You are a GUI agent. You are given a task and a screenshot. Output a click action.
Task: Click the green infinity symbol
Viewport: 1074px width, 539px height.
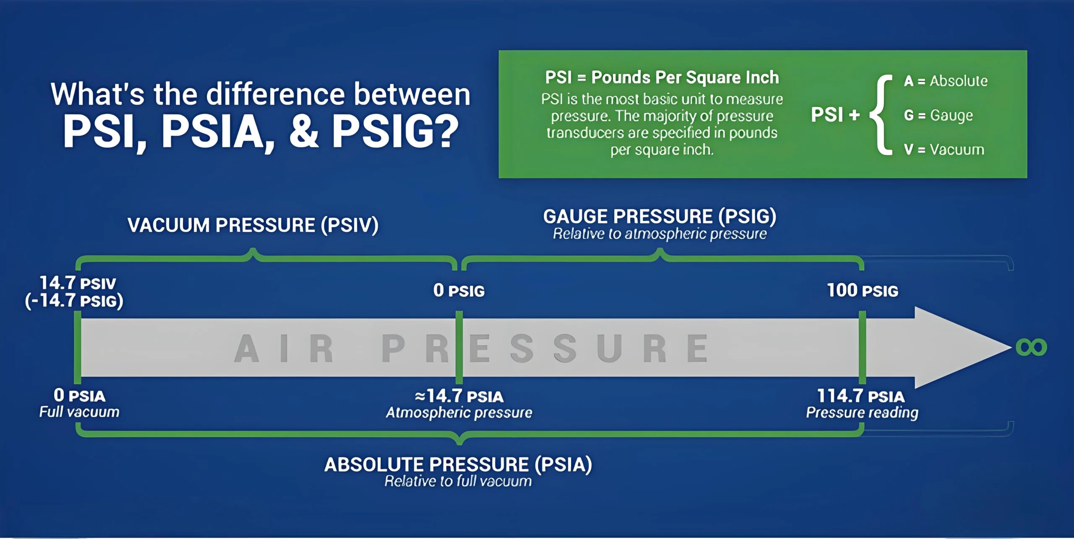tap(1031, 347)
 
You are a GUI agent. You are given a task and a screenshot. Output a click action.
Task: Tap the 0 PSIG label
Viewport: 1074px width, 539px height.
tap(459, 290)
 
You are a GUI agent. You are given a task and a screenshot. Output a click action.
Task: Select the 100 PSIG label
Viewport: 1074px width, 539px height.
tap(863, 290)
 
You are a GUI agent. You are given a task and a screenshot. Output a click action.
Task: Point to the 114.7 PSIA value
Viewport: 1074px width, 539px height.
tap(861, 396)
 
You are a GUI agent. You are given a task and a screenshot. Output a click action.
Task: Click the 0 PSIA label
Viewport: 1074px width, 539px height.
tap(79, 395)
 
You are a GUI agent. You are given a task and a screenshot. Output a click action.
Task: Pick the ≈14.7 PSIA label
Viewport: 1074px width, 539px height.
tap(459, 396)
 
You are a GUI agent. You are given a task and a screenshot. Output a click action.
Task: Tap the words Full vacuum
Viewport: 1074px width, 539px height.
tap(79, 412)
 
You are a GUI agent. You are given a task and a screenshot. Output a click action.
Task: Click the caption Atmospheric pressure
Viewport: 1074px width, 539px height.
tap(459, 413)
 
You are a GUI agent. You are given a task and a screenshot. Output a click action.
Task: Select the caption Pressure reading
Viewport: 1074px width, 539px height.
tap(862, 413)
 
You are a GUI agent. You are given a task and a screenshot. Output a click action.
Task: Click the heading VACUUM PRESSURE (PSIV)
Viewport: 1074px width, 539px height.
tap(253, 225)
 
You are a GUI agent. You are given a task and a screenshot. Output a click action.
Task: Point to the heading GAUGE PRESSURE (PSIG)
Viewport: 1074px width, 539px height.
tap(660, 217)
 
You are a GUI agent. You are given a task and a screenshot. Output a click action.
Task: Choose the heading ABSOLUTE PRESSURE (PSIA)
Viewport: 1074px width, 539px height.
tap(458, 464)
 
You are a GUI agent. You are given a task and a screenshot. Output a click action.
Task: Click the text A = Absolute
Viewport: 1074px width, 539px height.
tap(946, 81)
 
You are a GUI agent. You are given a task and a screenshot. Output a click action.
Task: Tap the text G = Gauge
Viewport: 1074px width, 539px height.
tap(938, 115)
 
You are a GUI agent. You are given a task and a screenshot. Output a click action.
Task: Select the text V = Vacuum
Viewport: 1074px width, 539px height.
tap(944, 150)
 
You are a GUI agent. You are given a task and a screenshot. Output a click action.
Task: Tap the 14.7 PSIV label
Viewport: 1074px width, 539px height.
tap(78, 283)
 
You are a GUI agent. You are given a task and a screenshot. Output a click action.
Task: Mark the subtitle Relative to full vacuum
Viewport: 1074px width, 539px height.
tap(458, 481)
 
